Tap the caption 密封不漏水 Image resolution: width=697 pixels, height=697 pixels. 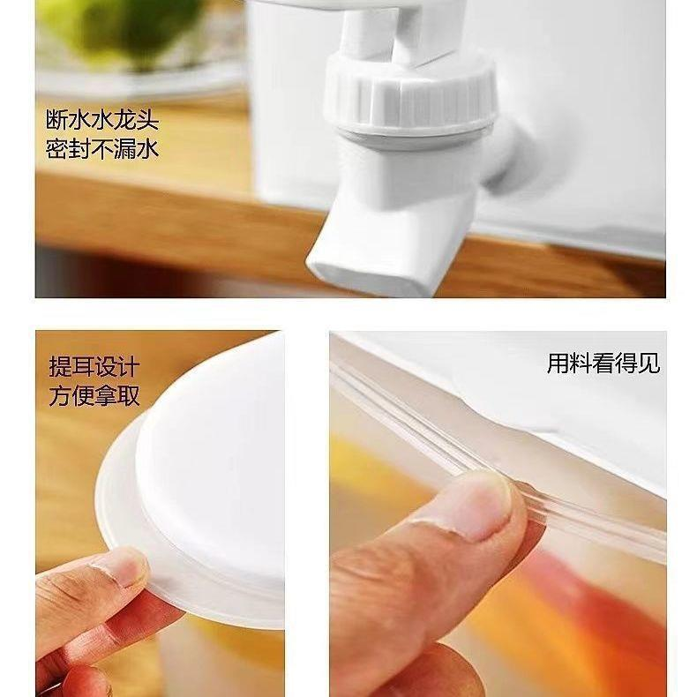[102, 148]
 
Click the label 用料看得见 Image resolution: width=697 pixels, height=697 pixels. [603, 363]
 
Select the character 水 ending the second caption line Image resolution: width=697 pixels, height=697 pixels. [148, 148]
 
